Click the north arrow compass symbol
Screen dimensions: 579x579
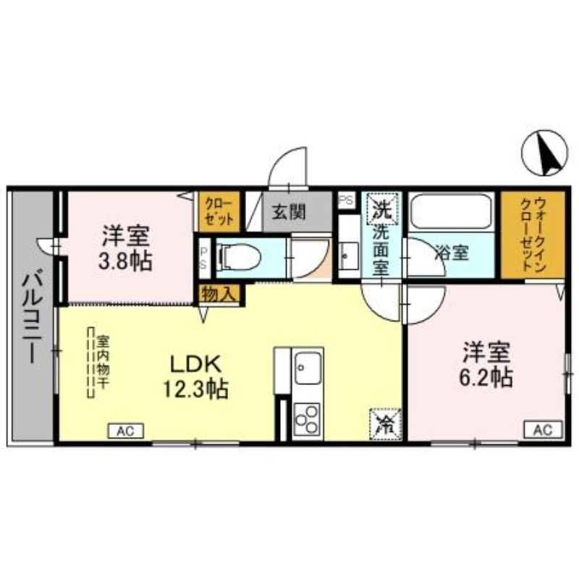pyautogui.click(x=544, y=153)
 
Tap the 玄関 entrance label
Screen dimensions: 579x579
pyautogui.click(x=289, y=212)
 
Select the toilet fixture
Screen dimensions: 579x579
pyautogui.click(x=240, y=257)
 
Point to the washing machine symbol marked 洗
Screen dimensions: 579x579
pyautogui.click(x=382, y=208)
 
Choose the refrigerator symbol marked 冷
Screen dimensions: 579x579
pyautogui.click(x=386, y=424)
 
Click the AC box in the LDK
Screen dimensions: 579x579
pyautogui.click(x=125, y=431)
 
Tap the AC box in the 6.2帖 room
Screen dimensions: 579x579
pyautogui.click(x=544, y=429)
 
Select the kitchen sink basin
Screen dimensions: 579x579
pyautogui.click(x=308, y=368)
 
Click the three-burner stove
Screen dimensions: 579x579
pyautogui.click(x=307, y=419)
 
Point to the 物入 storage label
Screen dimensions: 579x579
pyautogui.click(x=219, y=295)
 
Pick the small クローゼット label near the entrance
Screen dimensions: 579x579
pyautogui.click(x=219, y=211)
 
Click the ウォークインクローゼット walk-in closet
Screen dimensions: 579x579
pyautogui.click(x=533, y=234)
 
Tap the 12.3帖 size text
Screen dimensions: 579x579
pyautogui.click(x=195, y=389)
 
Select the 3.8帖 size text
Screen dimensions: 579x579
pyautogui.click(x=124, y=261)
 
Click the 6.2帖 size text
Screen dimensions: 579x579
pyautogui.click(x=485, y=377)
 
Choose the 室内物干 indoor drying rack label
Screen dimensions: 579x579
pyautogui.click(x=103, y=362)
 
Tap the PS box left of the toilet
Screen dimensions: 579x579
pyautogui.click(x=203, y=258)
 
